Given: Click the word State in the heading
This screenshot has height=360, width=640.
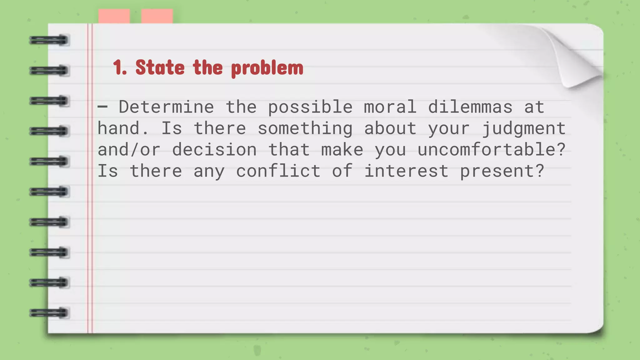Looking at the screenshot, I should (x=160, y=67).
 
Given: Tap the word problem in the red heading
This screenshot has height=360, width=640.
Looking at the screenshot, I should (x=267, y=68).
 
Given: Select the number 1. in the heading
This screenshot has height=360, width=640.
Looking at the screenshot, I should (x=120, y=67).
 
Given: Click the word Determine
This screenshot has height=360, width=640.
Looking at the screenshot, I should (x=166, y=107).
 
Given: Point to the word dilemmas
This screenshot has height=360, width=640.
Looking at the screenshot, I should (x=470, y=107).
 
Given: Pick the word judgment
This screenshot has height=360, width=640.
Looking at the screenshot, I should (x=524, y=129).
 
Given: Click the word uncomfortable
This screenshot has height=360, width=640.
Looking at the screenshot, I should (x=492, y=150).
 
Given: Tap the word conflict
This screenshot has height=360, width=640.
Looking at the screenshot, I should (x=278, y=171).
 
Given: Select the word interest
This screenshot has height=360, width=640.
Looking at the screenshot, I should (x=406, y=171).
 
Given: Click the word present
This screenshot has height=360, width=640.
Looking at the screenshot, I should (x=502, y=172).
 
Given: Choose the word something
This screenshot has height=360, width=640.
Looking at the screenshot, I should (x=305, y=129).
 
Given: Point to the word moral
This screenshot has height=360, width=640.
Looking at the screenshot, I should (x=390, y=107).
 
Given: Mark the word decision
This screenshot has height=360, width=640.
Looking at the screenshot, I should (x=214, y=150).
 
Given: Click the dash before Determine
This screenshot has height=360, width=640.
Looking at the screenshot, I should (x=102, y=107).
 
